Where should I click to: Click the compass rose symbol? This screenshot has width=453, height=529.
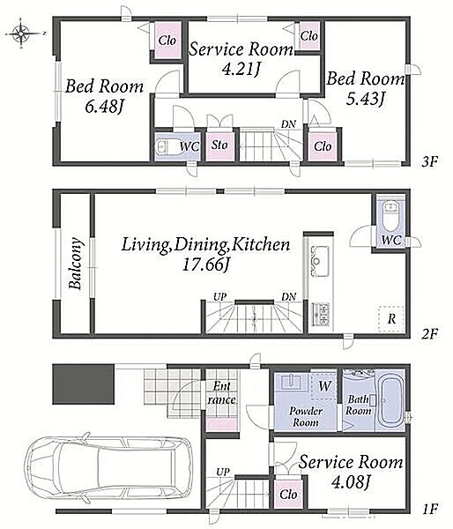(21, 34)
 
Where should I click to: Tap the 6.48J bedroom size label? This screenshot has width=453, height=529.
(103, 107)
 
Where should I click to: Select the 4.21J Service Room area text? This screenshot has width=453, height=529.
(241, 70)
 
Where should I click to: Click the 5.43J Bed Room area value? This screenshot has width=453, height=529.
(366, 99)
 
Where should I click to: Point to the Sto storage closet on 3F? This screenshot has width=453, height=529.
(219, 145)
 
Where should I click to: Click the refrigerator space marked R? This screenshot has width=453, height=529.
(391, 319)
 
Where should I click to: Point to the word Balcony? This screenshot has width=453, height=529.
(76, 264)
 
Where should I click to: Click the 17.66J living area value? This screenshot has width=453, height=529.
(205, 264)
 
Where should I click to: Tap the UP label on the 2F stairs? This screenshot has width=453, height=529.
(220, 297)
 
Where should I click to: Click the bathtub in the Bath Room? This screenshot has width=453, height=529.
(391, 401)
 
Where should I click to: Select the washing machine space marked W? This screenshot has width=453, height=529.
(323, 385)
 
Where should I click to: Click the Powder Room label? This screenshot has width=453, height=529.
(306, 417)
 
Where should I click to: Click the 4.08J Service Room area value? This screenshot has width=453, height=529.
(351, 482)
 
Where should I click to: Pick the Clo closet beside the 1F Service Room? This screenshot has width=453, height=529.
(289, 495)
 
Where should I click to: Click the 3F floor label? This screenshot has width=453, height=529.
(429, 162)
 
